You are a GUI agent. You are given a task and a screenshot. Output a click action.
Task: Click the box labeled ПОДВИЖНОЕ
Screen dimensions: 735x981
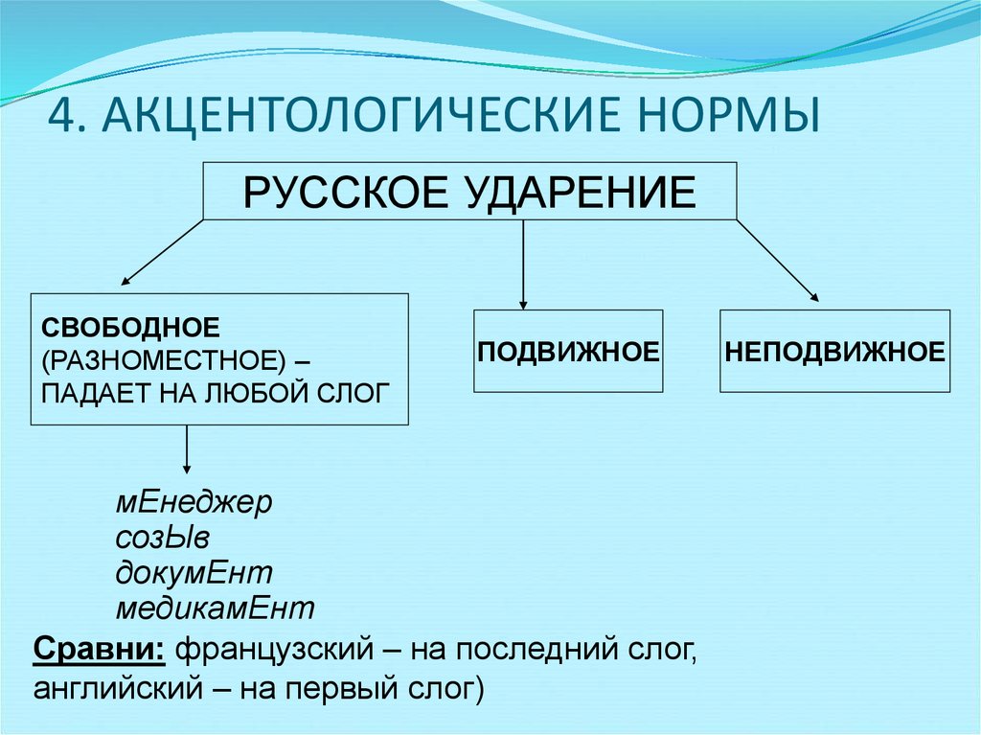(x=568, y=351)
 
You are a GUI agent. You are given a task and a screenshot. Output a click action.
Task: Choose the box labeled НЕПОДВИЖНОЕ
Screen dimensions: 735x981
(x=835, y=351)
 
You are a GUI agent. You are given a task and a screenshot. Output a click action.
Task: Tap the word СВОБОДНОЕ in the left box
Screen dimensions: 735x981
(x=130, y=329)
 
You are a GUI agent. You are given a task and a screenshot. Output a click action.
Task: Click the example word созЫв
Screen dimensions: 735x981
(x=162, y=539)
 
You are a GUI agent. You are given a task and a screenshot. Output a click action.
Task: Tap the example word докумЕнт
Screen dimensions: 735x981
(x=194, y=573)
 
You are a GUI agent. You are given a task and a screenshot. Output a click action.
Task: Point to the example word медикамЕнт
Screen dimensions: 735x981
(x=216, y=608)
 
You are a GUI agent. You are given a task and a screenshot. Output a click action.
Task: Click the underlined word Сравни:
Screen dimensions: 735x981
(x=101, y=651)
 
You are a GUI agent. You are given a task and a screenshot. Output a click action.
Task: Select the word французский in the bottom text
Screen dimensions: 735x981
(x=272, y=651)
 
